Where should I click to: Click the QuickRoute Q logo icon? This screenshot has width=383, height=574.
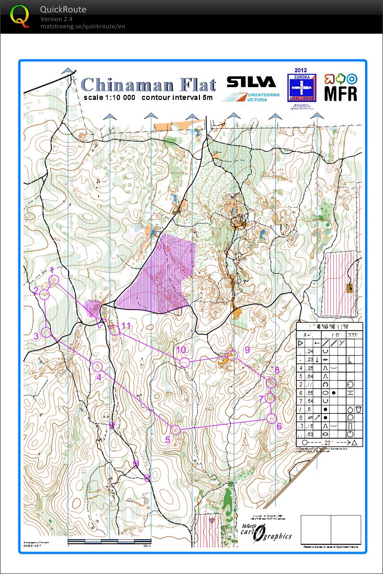pos(19,16)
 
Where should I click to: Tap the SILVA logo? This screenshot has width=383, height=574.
pos(252,83)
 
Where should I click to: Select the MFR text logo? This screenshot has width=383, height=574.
pos(340,94)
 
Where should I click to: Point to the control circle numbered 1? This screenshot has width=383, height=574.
pos(54,280)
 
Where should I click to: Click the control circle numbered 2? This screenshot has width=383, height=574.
pos(45,294)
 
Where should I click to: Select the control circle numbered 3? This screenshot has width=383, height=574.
pos(46,332)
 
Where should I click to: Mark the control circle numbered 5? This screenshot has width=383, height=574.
pos(175,429)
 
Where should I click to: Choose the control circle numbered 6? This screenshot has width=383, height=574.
pos(272,418)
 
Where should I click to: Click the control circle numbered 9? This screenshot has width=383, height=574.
pos(233,355)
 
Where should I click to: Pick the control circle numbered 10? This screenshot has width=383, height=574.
pos(185,363)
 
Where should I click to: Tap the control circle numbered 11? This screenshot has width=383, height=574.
pos(115,330)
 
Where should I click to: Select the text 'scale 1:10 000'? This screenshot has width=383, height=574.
pos(110,97)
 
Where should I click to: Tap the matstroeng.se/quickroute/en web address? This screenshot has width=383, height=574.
pos(83,26)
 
